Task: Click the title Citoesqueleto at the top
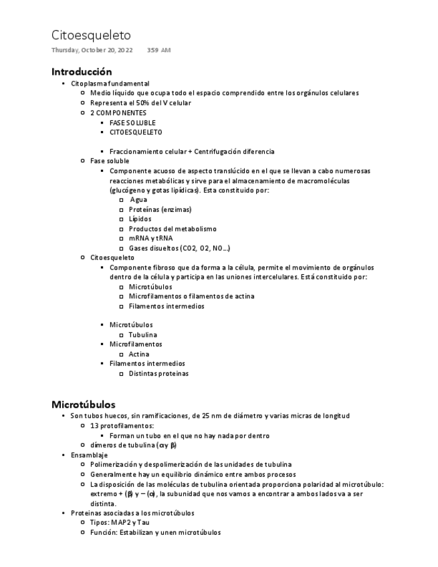(x=91, y=35)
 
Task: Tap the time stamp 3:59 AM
(x=158, y=51)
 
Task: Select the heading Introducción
(x=82, y=72)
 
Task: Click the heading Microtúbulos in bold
(x=83, y=405)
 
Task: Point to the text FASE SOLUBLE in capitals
(x=132, y=123)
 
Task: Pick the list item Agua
(x=138, y=200)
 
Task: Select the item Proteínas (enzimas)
(x=160, y=209)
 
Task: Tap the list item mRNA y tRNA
(x=150, y=238)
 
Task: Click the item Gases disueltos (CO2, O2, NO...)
(x=179, y=248)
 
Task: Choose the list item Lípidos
(x=140, y=219)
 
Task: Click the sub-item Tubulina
(x=143, y=334)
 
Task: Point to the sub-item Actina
(x=139, y=354)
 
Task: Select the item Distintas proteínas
(x=158, y=374)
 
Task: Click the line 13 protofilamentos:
(x=122, y=426)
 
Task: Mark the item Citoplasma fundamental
(x=110, y=84)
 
